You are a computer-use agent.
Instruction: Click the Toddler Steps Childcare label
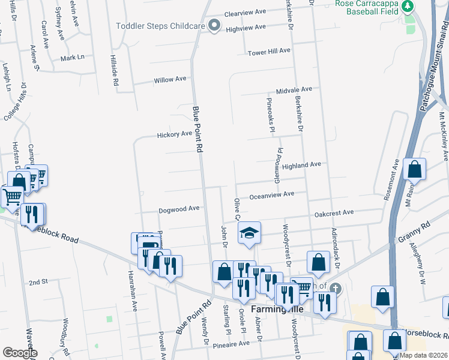(160, 25)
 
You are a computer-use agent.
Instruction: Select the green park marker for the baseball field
(408, 6)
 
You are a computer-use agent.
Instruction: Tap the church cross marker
(335, 289)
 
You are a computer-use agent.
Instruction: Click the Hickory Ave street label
(175, 134)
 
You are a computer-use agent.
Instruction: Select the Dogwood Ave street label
(179, 209)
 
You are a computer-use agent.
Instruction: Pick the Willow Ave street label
(170, 80)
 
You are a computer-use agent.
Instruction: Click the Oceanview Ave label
(272, 194)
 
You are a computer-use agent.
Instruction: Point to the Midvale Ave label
(294, 89)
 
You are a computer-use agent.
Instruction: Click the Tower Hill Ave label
(270, 52)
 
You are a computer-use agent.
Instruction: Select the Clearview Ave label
(244, 12)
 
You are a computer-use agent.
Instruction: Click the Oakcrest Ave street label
(334, 213)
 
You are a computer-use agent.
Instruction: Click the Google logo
(20, 353)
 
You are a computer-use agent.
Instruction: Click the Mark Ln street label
(72, 58)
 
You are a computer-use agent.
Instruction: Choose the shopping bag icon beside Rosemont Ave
(414, 170)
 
